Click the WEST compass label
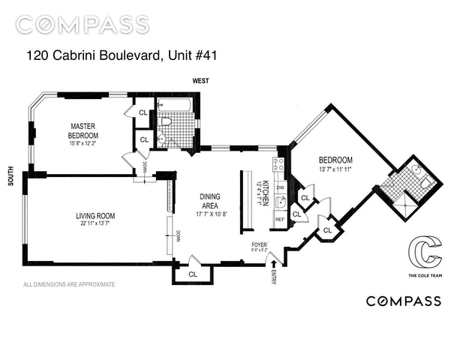coord(200,79)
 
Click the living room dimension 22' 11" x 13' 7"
coord(95,223)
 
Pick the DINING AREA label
coord(209,199)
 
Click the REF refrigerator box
coord(279,220)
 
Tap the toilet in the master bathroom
coord(167,121)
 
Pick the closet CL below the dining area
coord(193,274)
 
